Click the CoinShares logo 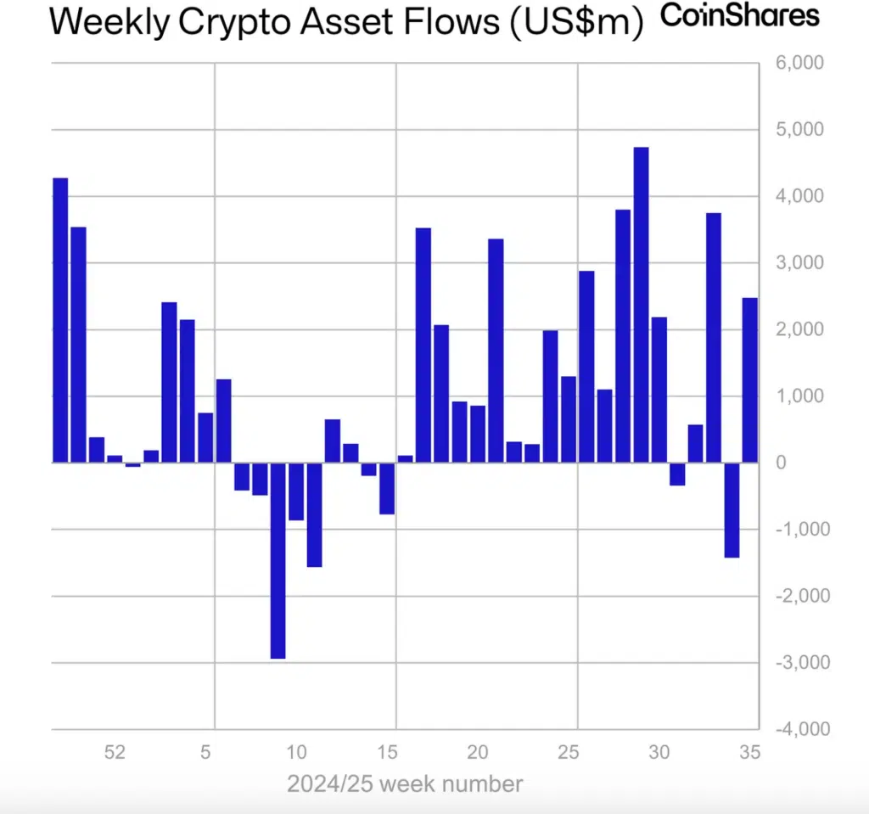point(740,16)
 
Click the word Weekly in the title point(112,23)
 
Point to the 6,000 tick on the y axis point(800,64)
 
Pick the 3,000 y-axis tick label point(800,263)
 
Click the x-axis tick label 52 point(115,752)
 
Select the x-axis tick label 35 point(749,752)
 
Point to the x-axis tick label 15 point(387,752)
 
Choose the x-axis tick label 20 point(478,752)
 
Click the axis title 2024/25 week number point(405,783)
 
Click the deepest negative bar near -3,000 point(278,560)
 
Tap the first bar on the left point(60,320)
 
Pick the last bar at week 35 point(749,380)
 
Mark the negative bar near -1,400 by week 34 point(732,509)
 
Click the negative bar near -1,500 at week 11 point(314,514)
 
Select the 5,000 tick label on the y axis point(800,130)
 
